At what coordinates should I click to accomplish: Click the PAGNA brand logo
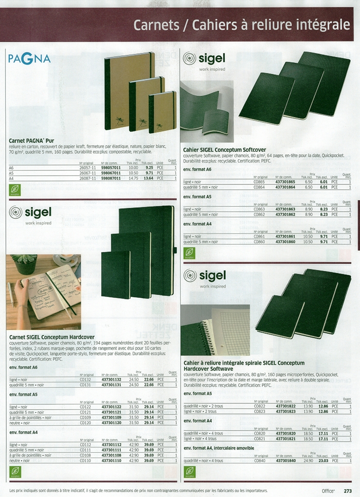[30, 59]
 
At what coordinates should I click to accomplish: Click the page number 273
[348, 491]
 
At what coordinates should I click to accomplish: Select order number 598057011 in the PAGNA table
[111, 167]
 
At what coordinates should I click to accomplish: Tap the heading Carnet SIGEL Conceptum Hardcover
[52, 337]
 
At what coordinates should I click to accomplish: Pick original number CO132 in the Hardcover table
[86, 379]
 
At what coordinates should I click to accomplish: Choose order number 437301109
[111, 417]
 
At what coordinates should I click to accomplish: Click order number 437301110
[111, 460]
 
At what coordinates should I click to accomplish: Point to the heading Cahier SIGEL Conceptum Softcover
[224, 150]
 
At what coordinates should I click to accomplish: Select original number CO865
[259, 182]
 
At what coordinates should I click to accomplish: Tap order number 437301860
[285, 242]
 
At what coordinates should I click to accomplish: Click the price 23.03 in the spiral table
[323, 461]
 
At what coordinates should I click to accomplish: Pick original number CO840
[259, 461]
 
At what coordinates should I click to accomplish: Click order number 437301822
[285, 406]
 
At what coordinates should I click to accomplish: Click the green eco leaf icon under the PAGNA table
[15, 189]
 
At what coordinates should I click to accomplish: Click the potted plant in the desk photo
[25, 264]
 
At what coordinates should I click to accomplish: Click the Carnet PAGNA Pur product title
[31, 140]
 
